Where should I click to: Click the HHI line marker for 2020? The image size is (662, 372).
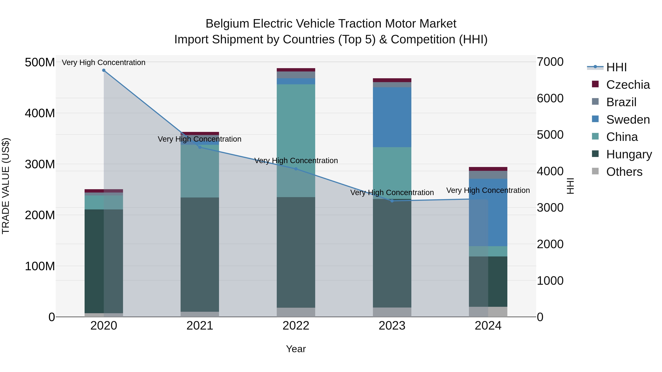104,70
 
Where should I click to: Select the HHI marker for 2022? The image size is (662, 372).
296,169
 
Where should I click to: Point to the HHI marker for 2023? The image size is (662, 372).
392,201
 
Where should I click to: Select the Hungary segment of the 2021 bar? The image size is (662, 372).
200,254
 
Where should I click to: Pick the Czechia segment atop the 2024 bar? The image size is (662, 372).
488,169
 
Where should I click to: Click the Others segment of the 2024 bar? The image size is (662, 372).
488,312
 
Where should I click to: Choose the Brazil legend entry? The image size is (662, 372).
621,102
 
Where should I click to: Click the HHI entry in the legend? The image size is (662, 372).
616,67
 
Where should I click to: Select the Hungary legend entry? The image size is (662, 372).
629,154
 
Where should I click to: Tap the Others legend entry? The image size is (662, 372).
624,172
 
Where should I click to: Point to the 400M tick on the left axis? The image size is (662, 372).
40,113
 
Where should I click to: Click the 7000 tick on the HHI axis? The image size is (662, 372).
550,62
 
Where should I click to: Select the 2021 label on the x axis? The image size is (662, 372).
200,326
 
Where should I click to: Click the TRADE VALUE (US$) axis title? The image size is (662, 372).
6,186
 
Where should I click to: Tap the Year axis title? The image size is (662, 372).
296,349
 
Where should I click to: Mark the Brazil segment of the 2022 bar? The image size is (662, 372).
296,75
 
